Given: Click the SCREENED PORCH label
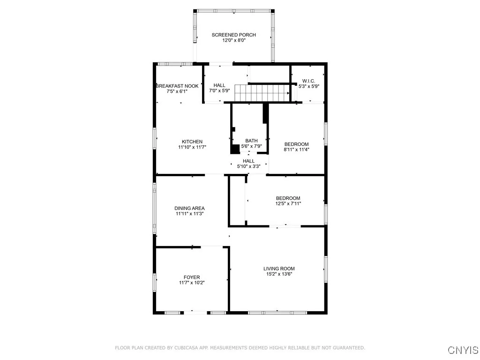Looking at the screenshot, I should tap(234, 35).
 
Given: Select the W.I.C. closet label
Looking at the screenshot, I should tap(309, 81).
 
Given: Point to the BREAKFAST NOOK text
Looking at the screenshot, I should tap(177, 86).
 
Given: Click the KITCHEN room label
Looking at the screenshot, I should tap(192, 142).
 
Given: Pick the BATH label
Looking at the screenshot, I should tap(251, 141).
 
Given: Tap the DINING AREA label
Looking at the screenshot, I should tap(189, 208).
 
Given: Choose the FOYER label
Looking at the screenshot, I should tap(192, 277).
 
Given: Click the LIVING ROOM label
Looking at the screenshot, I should tap(279, 269).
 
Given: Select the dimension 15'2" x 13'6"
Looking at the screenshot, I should tap(279, 274).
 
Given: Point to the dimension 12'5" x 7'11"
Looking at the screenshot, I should tap(288, 203).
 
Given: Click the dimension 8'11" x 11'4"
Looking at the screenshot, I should tap(297, 150).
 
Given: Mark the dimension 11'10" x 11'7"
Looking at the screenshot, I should tap(192, 147).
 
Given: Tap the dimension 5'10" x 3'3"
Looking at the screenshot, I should tap(248, 166).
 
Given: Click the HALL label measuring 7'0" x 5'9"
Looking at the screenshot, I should tap(219, 85).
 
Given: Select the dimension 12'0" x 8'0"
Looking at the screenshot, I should tap(234, 40).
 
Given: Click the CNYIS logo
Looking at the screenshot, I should tap(463, 350).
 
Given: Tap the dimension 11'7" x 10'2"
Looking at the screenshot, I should tap(192, 283).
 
